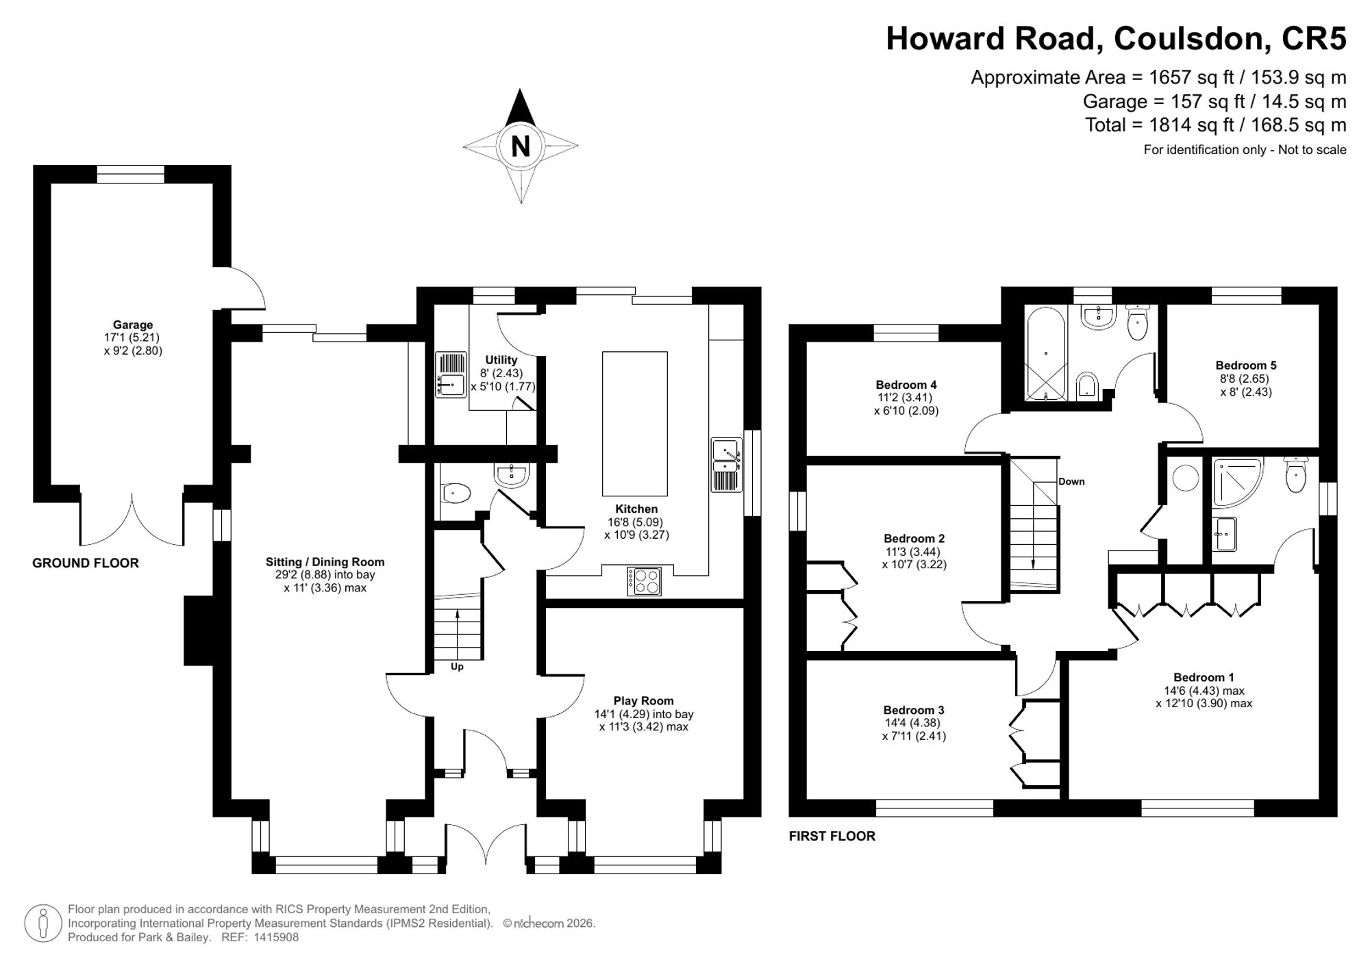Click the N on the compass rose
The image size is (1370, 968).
coord(521,147)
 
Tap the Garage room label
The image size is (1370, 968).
coord(133,324)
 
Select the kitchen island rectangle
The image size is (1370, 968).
coord(634,424)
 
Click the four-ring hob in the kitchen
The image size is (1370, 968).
coord(645,581)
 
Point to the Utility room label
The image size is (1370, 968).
coord(501,360)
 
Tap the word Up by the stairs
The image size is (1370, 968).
coord(457,666)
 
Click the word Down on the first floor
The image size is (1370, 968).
coord(1071,481)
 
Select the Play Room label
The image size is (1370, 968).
coord(643,700)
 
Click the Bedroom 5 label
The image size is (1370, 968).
coord(1246,366)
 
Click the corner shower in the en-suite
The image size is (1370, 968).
coord(1236,482)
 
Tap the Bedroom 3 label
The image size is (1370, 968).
coord(914,710)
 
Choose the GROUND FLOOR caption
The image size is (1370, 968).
coord(86,563)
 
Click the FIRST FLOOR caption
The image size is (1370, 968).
coord(832,836)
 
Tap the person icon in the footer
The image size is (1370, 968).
coord(44,924)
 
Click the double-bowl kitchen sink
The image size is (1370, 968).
coord(727,465)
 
